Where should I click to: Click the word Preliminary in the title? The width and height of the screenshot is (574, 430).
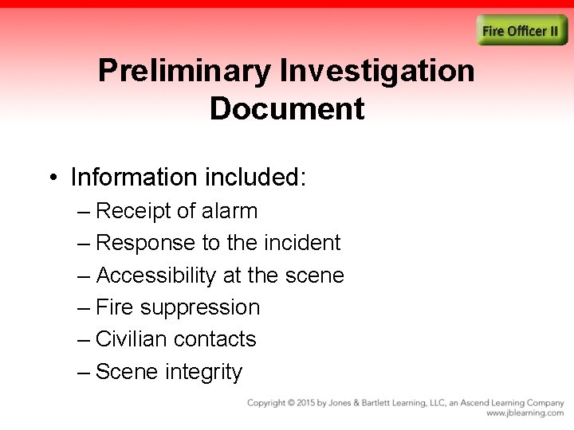pyautogui.click(x=185, y=72)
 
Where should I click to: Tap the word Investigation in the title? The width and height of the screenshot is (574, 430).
pyautogui.click(x=378, y=72)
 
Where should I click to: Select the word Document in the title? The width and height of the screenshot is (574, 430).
pyautogui.click(x=287, y=109)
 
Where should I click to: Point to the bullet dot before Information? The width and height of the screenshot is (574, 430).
pyautogui.click(x=53, y=177)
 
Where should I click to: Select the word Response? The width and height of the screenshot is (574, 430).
pyautogui.click(x=146, y=243)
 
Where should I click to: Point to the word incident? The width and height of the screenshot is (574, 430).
pyautogui.click(x=301, y=243)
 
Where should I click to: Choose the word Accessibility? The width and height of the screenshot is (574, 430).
pyautogui.click(x=155, y=276)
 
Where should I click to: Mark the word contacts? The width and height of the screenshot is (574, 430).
pyautogui.click(x=215, y=339)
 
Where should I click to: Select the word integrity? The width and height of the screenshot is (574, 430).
pyautogui.click(x=203, y=372)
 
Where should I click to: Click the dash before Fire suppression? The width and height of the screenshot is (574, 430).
pyautogui.click(x=85, y=308)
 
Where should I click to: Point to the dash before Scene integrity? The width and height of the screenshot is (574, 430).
pyautogui.click(x=85, y=372)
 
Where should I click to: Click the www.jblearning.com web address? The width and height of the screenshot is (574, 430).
pyautogui.click(x=525, y=414)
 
